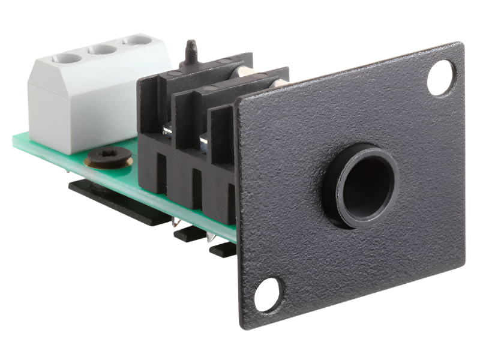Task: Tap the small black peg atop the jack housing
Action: pos(191,49)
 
